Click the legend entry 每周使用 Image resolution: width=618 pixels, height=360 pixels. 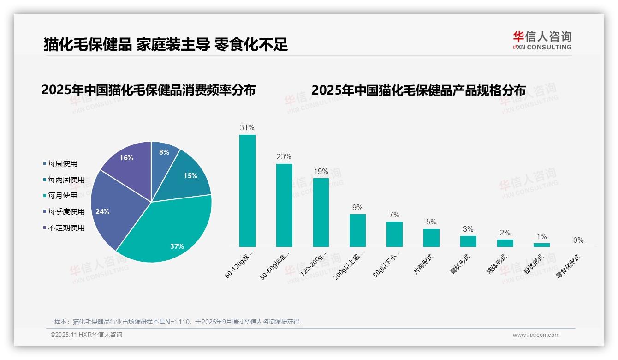[x=62, y=164]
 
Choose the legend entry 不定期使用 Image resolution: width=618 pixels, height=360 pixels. [x=66, y=228]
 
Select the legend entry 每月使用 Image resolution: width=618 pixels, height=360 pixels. [x=62, y=196]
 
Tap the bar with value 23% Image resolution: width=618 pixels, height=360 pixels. [x=284, y=205]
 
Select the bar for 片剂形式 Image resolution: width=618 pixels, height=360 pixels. [x=431, y=238]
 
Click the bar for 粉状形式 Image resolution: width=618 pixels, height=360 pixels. [x=541, y=245]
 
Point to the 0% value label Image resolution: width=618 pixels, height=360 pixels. [x=578, y=240]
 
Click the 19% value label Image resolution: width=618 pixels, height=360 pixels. [x=321, y=172]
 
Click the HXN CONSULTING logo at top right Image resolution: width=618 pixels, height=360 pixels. [x=542, y=41]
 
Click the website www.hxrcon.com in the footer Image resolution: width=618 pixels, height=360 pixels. [x=536, y=335]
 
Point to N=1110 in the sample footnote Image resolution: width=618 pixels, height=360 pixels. [x=178, y=322]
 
